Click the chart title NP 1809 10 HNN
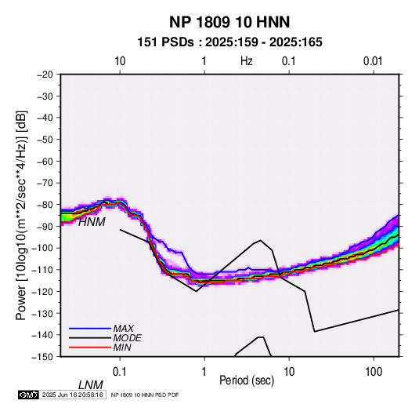pos(229,22)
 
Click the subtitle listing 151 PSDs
pos(229,42)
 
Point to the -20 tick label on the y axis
pos(45,75)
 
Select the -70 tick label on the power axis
pos(45,183)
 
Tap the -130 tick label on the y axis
pos(43,313)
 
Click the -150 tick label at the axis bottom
pos(43,356)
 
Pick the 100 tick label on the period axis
pos(374,372)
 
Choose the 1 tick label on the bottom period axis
pos(204,372)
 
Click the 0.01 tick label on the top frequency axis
pos(373,61)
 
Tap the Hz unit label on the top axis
pos(247,61)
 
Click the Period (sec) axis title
pos(247,380)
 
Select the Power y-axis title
pos(21,215)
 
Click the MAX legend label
pos(124,328)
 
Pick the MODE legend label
pos(127,338)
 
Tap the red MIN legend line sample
pos(90,348)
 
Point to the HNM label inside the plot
pos(92,222)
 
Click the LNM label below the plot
pos(91,385)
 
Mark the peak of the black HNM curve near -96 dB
pos(260,240)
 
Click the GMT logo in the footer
pos(29,395)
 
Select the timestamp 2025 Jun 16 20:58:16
pos(72,395)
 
